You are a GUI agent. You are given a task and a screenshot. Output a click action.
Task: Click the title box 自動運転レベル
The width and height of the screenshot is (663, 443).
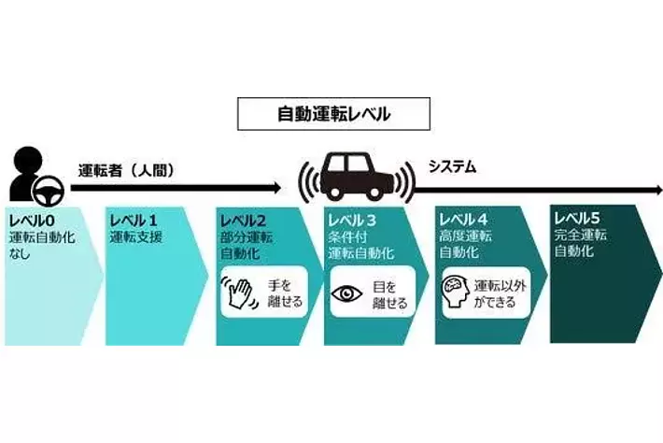[x=333, y=115]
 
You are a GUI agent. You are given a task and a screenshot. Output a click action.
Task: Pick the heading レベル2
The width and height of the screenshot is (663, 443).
[x=242, y=221]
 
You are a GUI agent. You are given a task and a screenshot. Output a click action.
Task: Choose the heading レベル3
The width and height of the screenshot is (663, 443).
[x=351, y=221]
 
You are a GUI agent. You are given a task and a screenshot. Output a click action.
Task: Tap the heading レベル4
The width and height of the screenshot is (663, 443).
[x=461, y=221]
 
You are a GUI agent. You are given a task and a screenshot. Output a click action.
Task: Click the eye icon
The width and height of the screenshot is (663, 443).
[x=347, y=293]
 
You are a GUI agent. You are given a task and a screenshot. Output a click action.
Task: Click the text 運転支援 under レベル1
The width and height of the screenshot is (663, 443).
[x=135, y=237]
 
